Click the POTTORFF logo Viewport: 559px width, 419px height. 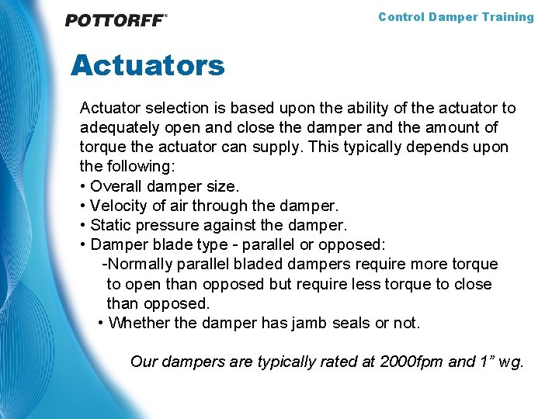click(x=116, y=20)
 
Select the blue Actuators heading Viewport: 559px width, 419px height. click(x=148, y=65)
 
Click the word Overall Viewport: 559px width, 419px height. click(x=116, y=186)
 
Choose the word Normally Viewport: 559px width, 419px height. click(x=140, y=265)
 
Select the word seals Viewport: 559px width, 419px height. click(x=349, y=323)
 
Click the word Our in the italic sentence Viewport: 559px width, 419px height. click(x=144, y=362)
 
